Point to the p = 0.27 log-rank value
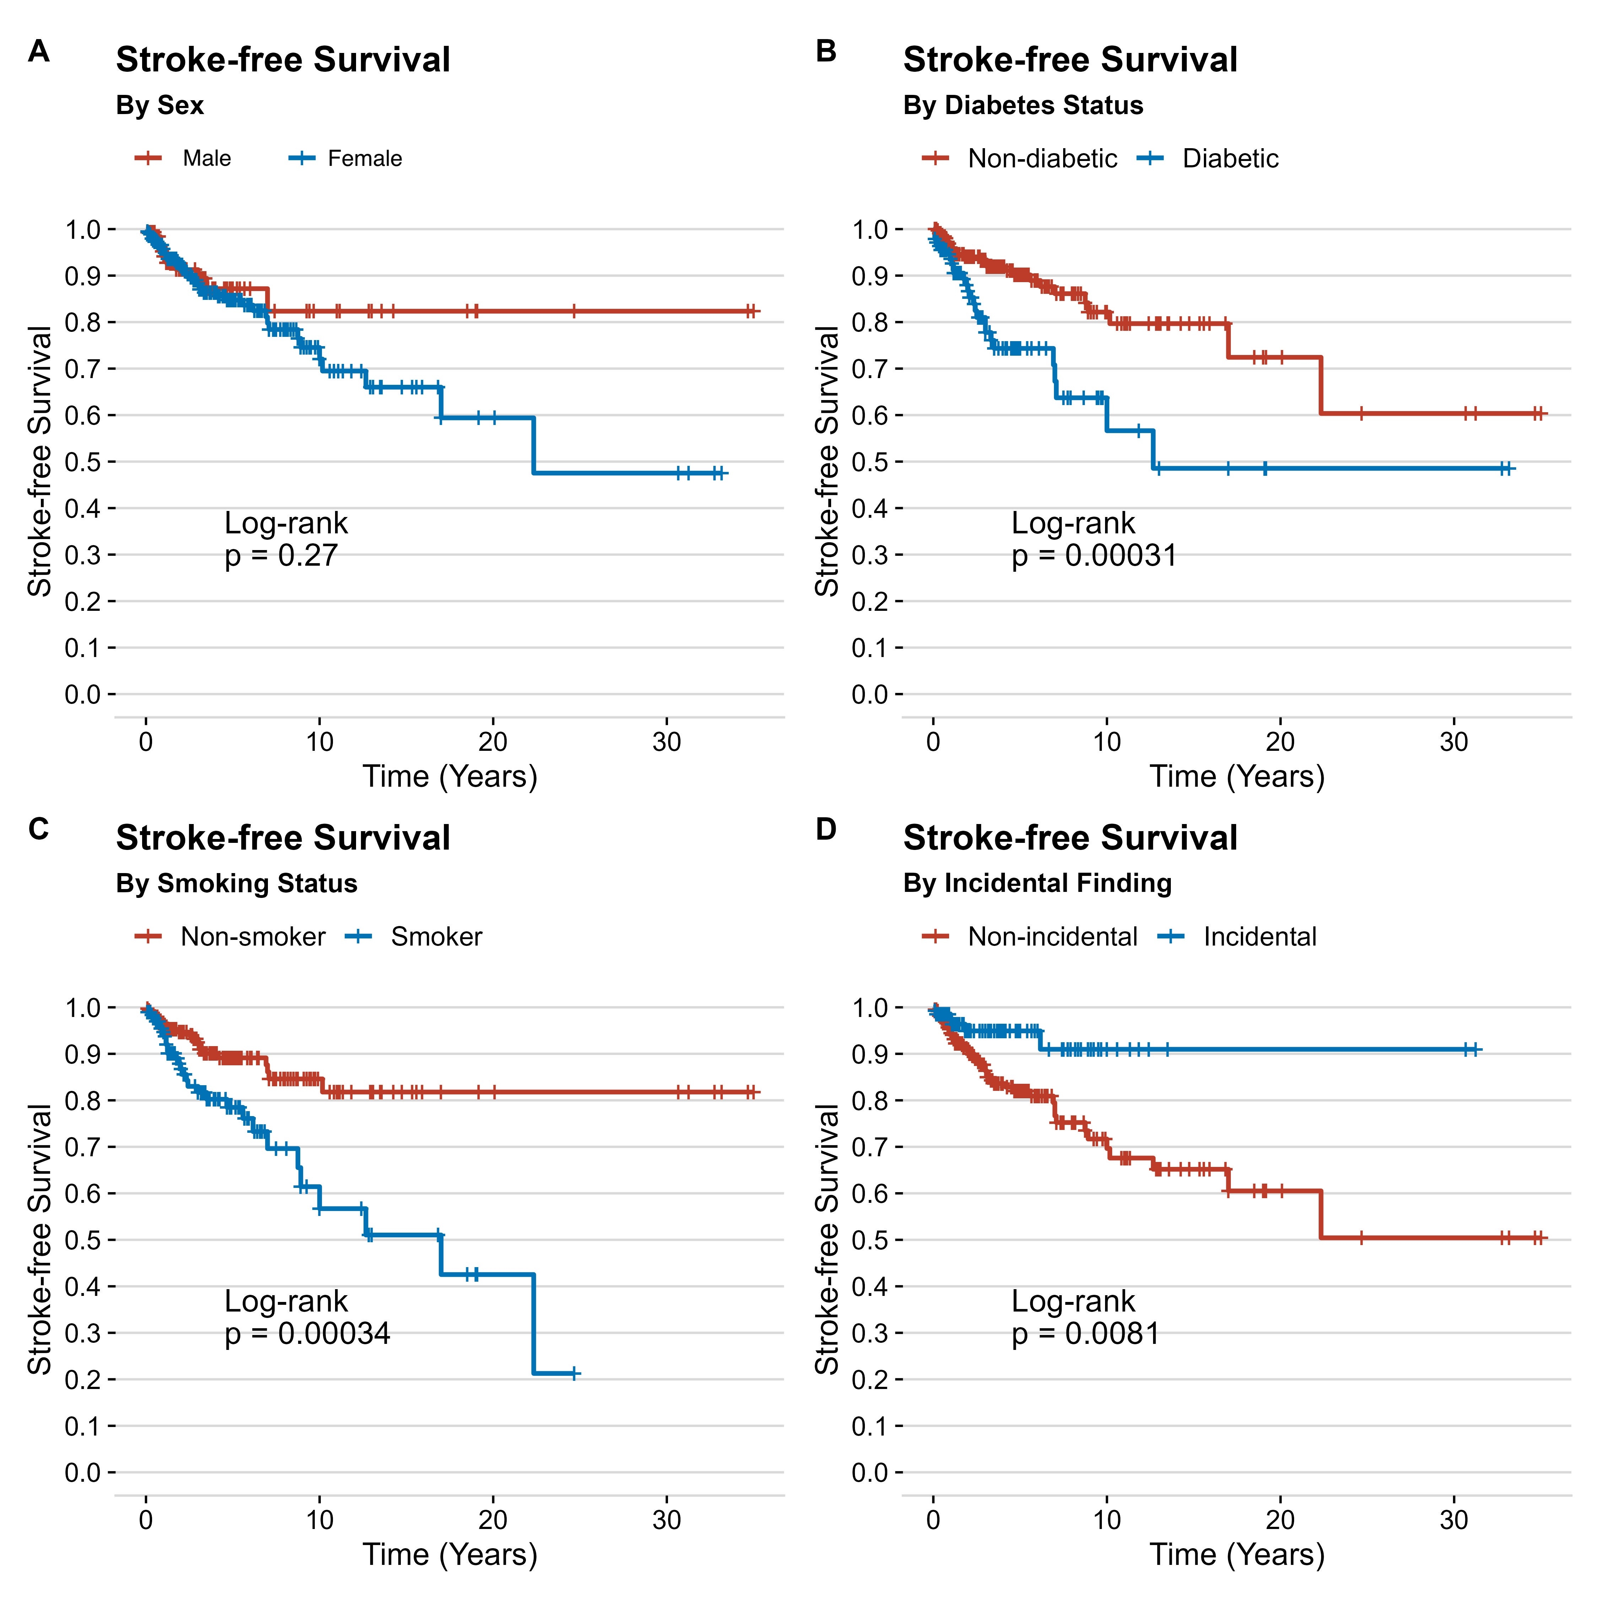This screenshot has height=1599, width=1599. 281,555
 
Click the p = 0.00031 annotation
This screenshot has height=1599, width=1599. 1094,555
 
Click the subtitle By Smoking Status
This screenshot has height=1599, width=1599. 237,884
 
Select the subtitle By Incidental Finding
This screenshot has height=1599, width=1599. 1037,884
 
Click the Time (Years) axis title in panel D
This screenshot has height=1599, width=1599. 1237,1554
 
